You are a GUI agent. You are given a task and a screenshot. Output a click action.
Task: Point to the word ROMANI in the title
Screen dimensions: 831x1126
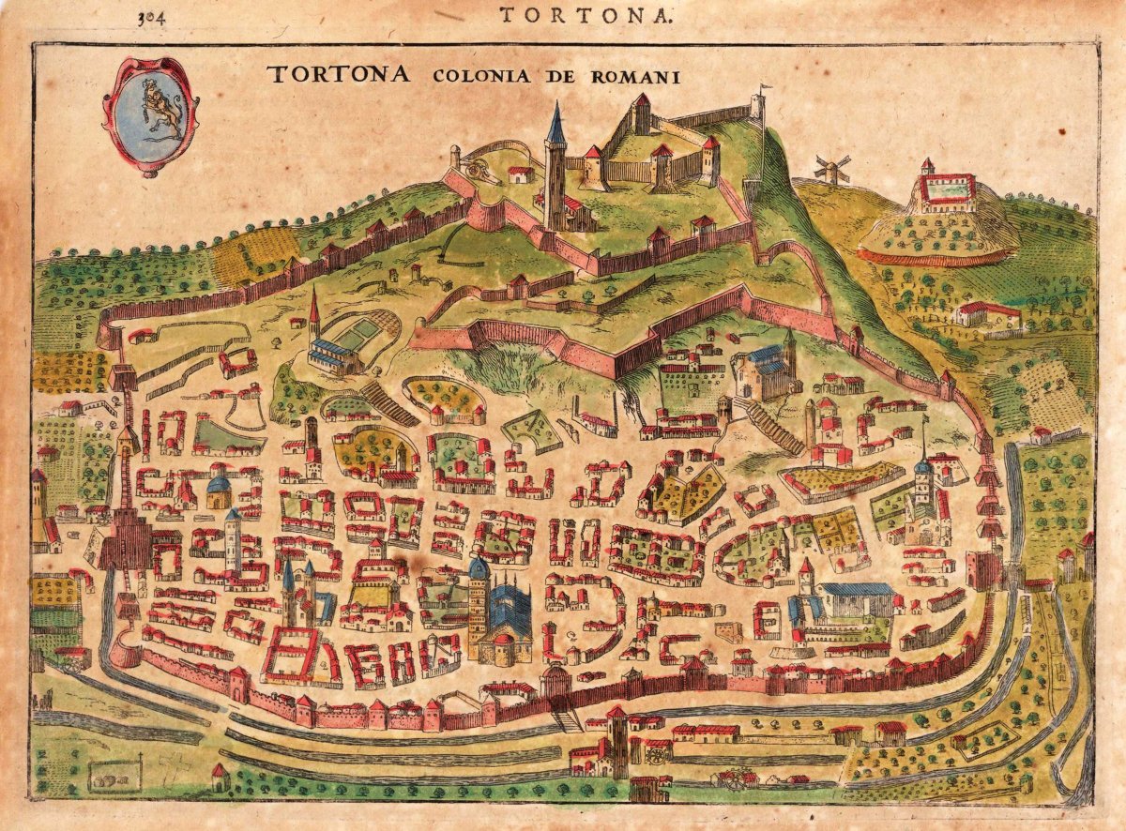click(634, 77)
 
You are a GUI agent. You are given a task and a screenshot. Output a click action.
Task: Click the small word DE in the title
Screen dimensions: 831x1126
click(562, 77)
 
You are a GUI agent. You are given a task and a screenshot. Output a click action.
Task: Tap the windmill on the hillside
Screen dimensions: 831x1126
click(830, 170)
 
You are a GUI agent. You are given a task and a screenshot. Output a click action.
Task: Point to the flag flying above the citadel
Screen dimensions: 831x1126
click(765, 90)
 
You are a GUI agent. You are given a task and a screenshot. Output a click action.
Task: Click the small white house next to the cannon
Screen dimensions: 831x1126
click(520, 174)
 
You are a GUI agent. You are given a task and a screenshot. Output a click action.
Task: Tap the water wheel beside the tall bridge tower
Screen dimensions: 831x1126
click(656, 751)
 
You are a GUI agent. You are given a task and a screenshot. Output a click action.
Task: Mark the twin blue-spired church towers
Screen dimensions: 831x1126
click(298, 591)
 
